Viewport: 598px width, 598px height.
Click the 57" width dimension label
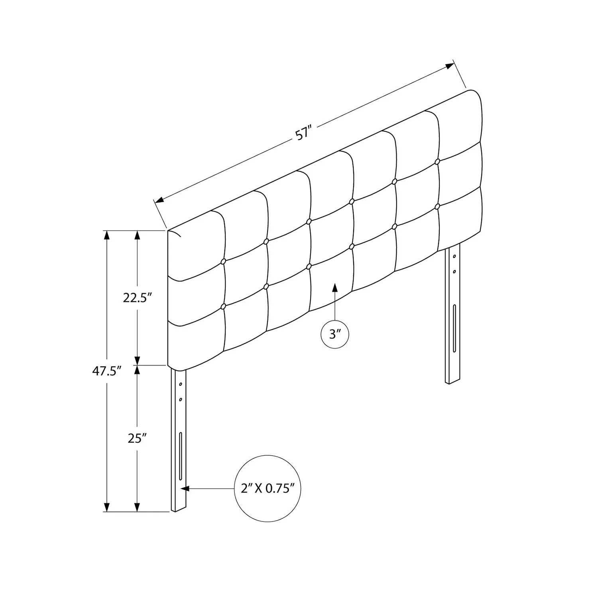click(303, 133)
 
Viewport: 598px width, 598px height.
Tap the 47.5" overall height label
click(106, 372)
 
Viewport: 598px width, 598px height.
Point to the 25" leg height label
click(138, 439)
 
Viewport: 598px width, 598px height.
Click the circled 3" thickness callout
click(335, 334)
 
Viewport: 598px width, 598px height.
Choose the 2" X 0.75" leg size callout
click(267, 488)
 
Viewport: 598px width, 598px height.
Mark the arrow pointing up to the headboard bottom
click(335, 301)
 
